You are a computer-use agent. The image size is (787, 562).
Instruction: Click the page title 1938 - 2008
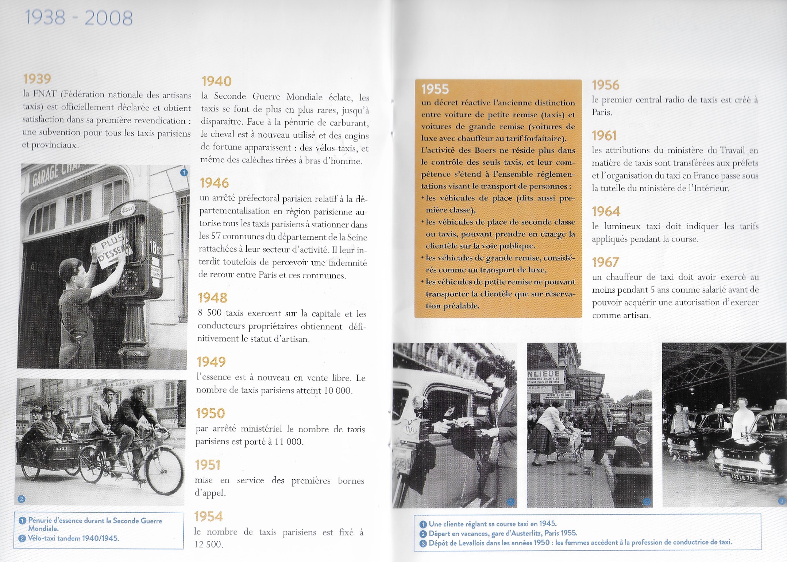[78, 18]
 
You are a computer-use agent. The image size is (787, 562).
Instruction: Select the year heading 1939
[37, 79]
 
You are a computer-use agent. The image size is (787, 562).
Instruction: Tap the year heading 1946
[214, 183]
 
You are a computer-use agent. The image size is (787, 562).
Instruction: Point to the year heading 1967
[605, 262]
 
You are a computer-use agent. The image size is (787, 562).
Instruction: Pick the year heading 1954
[208, 516]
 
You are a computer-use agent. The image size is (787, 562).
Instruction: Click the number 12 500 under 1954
[208, 545]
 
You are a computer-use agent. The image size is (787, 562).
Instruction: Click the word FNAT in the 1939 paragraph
[45, 94]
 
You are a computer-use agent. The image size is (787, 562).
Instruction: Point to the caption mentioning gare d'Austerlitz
[503, 533]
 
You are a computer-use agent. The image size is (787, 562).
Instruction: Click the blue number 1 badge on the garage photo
[184, 172]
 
